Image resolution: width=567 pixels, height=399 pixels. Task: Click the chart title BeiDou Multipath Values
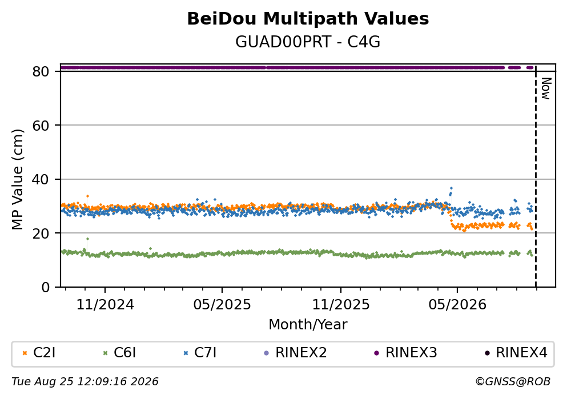click(x=308, y=19)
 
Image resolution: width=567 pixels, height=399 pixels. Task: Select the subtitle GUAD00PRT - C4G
click(x=308, y=42)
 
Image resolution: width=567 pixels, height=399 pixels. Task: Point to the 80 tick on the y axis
click(x=41, y=71)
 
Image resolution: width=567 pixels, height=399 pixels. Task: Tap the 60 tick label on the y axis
click(x=41, y=126)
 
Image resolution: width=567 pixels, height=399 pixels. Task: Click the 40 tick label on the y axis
click(x=41, y=179)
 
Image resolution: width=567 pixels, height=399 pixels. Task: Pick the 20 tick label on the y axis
click(x=41, y=233)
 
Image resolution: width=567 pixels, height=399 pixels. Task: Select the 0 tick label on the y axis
click(x=45, y=287)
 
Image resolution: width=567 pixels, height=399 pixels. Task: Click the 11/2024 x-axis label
click(x=105, y=305)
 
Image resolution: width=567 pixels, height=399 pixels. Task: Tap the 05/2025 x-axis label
click(x=222, y=305)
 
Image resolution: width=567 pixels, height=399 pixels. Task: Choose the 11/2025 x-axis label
click(x=341, y=305)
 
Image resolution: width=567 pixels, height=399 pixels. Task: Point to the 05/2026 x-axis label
click(x=457, y=305)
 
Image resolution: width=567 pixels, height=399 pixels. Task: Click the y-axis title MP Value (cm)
click(x=17, y=179)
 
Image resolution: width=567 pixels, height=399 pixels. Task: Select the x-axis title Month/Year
click(x=308, y=325)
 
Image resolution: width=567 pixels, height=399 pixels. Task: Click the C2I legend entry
click(x=39, y=353)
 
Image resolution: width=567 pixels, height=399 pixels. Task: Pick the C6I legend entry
click(x=119, y=353)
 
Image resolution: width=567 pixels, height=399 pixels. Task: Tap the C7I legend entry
click(x=200, y=353)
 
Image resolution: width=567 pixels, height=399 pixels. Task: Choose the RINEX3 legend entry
click(x=405, y=353)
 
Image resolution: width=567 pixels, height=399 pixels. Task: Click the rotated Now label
click(x=546, y=88)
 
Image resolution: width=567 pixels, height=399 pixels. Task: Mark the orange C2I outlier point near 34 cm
click(x=87, y=196)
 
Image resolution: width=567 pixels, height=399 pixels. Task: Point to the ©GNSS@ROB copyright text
click(x=513, y=382)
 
